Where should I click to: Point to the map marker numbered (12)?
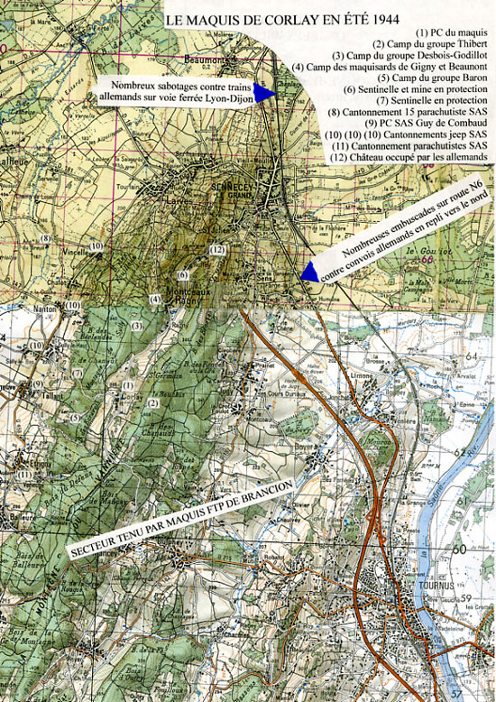click(x=216, y=250)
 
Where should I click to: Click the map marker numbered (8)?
click(x=44, y=238)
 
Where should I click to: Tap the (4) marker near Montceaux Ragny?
click(x=155, y=300)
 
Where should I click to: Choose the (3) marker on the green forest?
click(x=137, y=325)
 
